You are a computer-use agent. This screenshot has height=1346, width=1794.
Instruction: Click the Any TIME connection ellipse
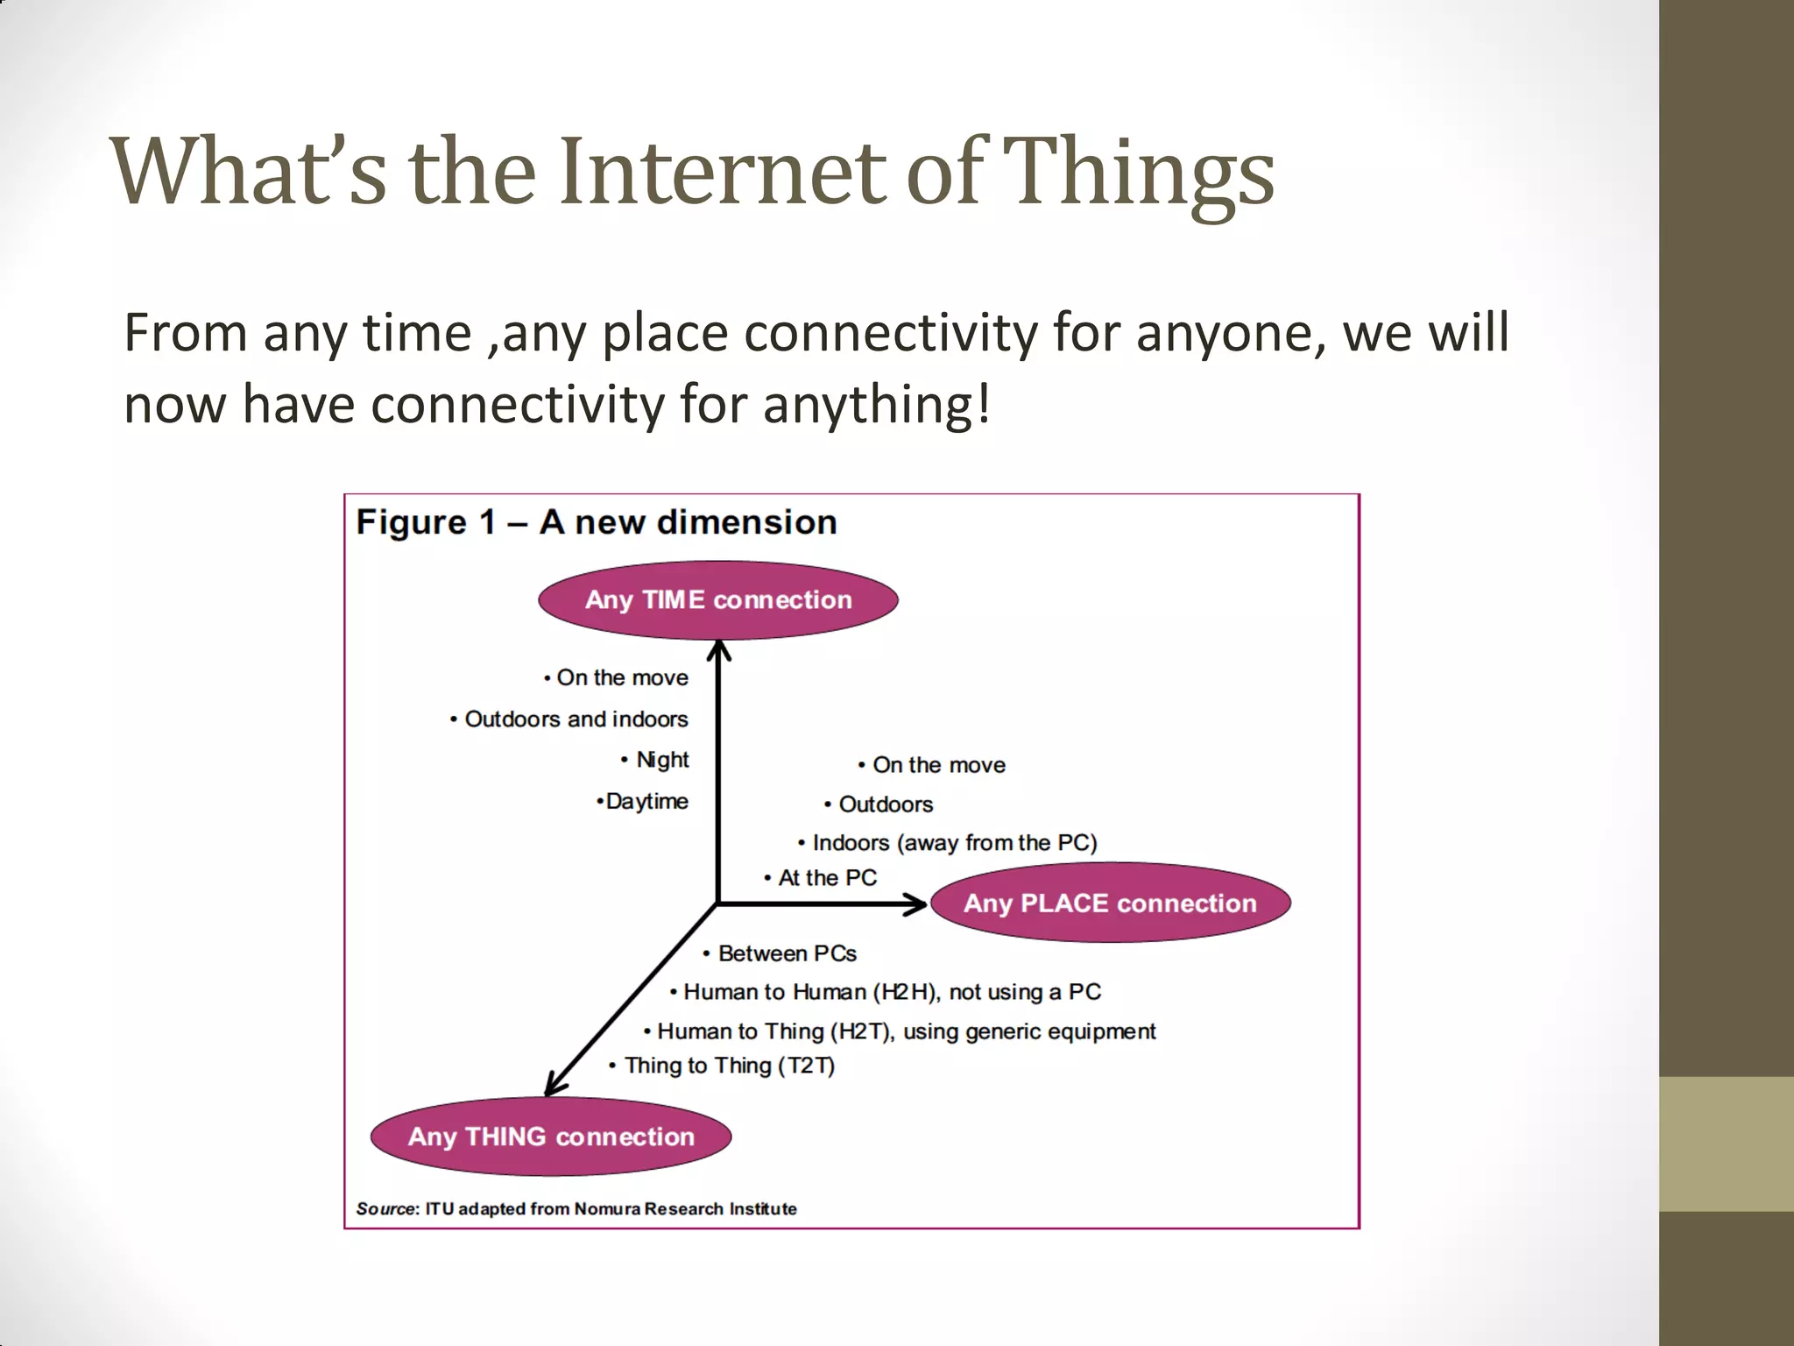(718, 600)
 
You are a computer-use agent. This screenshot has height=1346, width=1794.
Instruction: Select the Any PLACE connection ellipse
(1110, 903)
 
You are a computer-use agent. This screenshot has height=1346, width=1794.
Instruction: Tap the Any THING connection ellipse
(551, 1137)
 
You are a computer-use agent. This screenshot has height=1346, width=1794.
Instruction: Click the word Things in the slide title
(1137, 173)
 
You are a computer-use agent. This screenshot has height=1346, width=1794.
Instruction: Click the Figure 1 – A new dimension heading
(597, 522)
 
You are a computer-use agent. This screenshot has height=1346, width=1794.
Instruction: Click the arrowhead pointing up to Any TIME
(719, 650)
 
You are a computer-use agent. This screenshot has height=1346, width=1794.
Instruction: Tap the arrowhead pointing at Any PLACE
(916, 903)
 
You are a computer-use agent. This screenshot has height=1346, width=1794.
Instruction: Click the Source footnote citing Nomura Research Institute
(576, 1209)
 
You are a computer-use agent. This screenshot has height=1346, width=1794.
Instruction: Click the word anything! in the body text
(877, 405)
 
